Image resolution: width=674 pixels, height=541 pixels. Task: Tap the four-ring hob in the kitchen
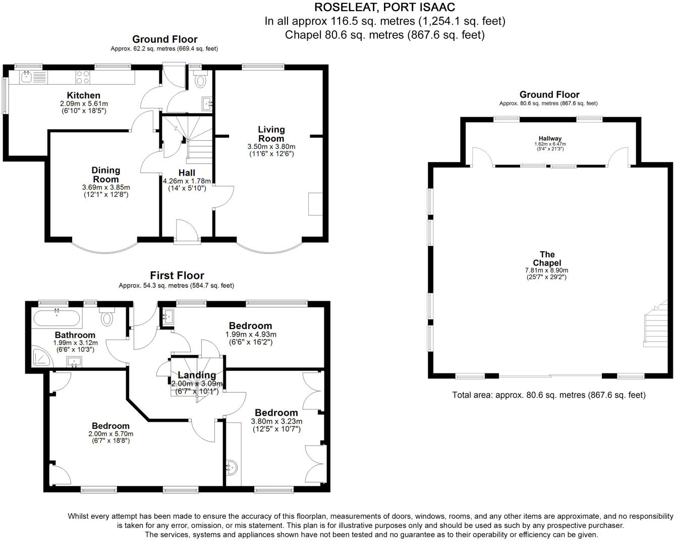pos(83,77)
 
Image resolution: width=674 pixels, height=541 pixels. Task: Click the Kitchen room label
pos(84,95)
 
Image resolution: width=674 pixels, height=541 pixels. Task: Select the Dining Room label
pos(106,175)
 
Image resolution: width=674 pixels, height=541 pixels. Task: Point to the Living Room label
pos(271,134)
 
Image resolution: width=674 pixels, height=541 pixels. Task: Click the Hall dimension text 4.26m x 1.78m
pos(187,181)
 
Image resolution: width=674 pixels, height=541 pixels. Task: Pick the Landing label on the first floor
pos(197,375)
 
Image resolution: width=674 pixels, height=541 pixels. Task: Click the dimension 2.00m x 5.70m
pos(110,434)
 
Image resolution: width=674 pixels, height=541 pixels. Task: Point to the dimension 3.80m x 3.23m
pos(276,421)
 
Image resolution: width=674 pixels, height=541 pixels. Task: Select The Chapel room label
pos(547,258)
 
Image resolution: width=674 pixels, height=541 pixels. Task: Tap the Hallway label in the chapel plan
pos(549,138)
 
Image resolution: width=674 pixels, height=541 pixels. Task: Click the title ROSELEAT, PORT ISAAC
pos(384,7)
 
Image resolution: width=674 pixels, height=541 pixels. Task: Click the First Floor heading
pos(177,276)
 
